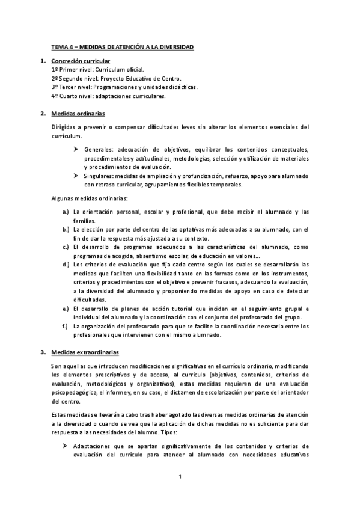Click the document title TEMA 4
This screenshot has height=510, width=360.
pyautogui.click(x=122, y=47)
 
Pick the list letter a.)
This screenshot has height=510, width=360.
pyautogui.click(x=66, y=212)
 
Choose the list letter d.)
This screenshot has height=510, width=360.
pyautogui.click(x=66, y=264)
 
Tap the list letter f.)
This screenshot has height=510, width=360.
pyautogui.click(x=66, y=326)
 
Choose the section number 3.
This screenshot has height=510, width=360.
pyautogui.click(x=42, y=351)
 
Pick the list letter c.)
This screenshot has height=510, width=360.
pyautogui.click(x=66, y=247)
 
